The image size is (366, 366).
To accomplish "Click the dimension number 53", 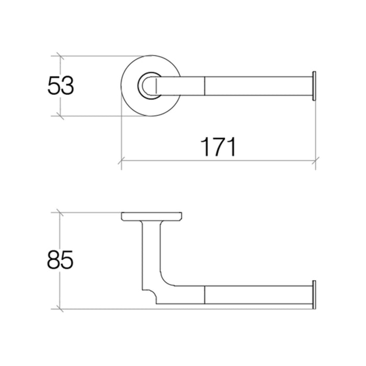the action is (61, 85).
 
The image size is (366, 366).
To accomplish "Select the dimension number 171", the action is (218, 147).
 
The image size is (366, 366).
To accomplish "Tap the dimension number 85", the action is (60, 259).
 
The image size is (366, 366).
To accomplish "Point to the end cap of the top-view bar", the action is (314, 86).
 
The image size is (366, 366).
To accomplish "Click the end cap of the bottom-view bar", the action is (314, 295).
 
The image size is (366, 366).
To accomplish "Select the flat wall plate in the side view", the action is (152, 216).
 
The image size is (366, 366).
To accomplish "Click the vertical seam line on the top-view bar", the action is (204, 86).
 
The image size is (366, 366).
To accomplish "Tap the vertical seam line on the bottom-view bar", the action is (204, 295).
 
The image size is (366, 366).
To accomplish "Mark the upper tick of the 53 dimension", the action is (61, 56).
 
